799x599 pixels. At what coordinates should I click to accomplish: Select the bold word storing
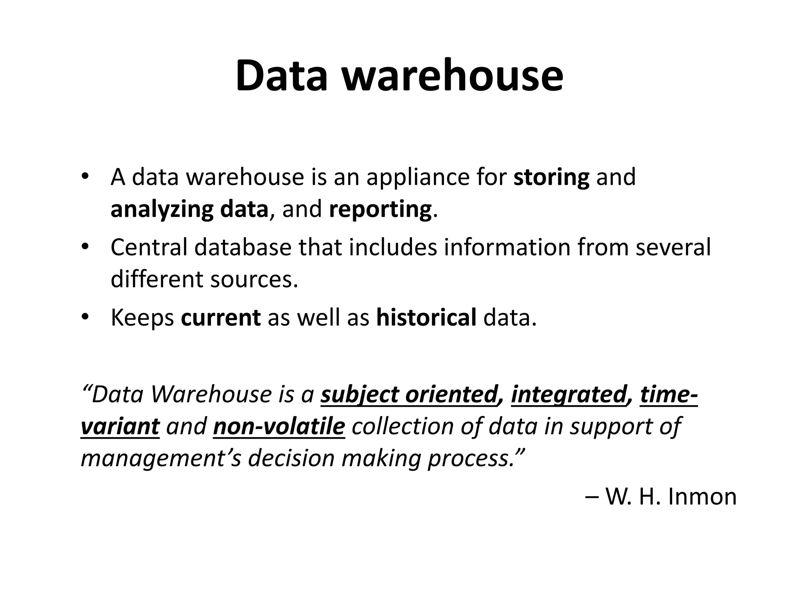pyautogui.click(x=551, y=177)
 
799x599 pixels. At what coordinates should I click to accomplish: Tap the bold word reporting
pyautogui.click(x=380, y=209)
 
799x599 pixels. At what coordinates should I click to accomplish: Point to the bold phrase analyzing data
pyautogui.click(x=190, y=209)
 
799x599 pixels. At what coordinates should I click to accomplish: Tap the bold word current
pyautogui.click(x=220, y=317)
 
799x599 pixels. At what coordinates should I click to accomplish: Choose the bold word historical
pyautogui.click(x=426, y=317)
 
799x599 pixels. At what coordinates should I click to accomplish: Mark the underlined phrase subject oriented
pyautogui.click(x=408, y=394)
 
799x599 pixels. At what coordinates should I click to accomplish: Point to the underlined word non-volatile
pyautogui.click(x=279, y=426)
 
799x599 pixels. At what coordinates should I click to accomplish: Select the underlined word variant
pyautogui.click(x=120, y=426)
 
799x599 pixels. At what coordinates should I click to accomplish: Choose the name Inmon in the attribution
pyautogui.click(x=702, y=497)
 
